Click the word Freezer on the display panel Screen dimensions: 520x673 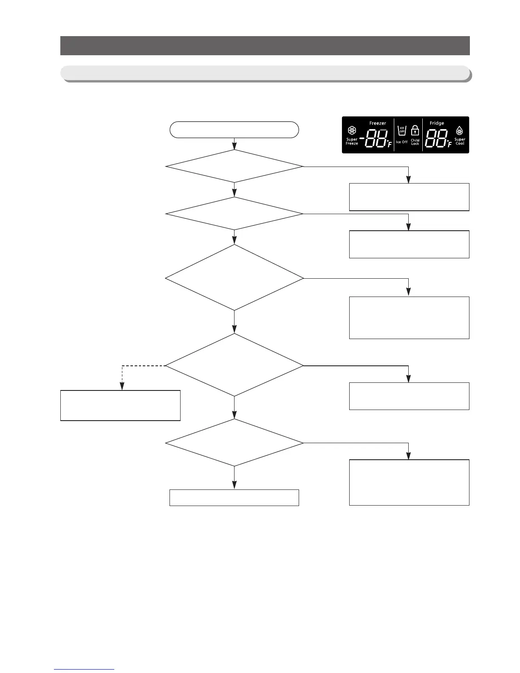[378, 123]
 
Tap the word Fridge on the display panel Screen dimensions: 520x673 [437, 123]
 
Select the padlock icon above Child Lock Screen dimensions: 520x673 [415, 130]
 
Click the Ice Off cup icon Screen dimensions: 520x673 [401, 130]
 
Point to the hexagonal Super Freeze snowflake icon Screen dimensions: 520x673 [352, 130]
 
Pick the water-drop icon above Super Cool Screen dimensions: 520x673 [460, 130]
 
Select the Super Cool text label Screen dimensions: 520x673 [460, 141]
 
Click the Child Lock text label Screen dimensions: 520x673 [415, 142]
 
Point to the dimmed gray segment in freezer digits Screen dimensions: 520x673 [383, 130]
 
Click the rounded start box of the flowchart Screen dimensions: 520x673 [234, 130]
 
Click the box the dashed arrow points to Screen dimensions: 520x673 [120, 405]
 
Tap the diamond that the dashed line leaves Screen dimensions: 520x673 [234, 365]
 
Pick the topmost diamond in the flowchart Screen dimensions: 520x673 [234, 167]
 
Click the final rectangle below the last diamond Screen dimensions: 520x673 [234, 498]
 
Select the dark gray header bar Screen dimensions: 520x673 [265, 45]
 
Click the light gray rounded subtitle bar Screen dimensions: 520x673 [265, 73]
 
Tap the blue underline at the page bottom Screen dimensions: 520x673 [84, 670]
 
